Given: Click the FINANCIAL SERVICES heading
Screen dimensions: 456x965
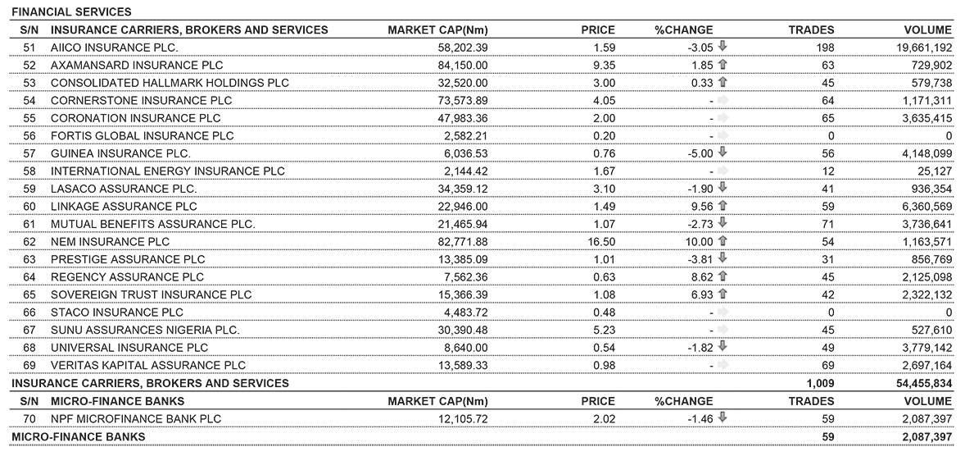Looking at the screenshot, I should [71, 12].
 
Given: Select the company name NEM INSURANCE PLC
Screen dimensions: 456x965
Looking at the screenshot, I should [110, 242].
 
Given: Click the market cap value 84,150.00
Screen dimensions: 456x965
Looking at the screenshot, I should [463, 65].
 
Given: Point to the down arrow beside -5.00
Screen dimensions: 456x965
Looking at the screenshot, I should [723, 153].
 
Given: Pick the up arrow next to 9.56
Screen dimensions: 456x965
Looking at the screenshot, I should [723, 206].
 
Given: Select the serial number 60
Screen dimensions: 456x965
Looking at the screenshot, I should [29, 207].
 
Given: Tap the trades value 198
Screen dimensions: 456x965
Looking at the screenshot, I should [825, 48].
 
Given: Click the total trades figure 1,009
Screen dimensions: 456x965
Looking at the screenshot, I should [819, 383].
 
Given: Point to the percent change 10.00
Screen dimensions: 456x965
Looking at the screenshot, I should [699, 242].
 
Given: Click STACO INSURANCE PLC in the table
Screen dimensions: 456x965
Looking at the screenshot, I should [117, 312].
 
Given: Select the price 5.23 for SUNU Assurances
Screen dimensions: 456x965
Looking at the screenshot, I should [603, 330].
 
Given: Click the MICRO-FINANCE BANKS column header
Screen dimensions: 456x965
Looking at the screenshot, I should [117, 401].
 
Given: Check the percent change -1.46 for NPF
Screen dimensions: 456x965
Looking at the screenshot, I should [701, 419].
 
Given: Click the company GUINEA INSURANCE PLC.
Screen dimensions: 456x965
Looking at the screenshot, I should [120, 153].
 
